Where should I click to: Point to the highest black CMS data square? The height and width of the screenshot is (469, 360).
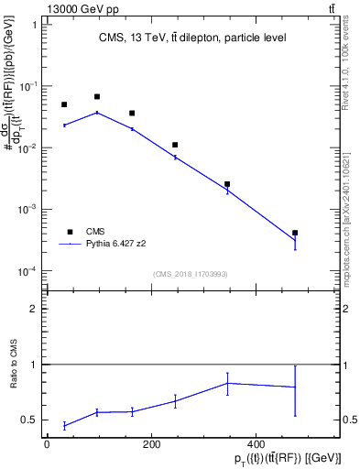(x=97, y=96)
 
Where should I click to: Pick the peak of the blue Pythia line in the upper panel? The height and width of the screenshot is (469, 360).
(x=97, y=113)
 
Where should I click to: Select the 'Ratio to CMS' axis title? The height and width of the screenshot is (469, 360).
(x=13, y=365)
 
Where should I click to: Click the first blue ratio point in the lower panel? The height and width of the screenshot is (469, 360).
(x=64, y=425)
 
